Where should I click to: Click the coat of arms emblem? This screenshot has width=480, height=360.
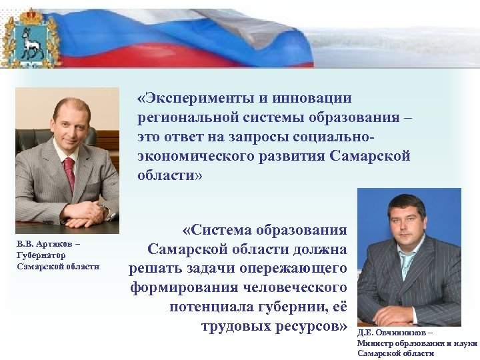coord(31,38)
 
